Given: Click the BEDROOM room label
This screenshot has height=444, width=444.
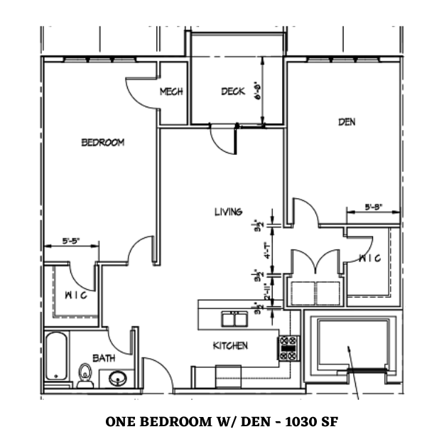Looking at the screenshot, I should tap(103, 142).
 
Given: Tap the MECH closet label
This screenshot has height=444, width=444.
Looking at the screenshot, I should tap(171, 92).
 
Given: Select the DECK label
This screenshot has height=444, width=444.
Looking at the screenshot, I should tap(232, 91).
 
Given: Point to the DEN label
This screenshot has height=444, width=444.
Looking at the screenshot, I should tap(347, 122).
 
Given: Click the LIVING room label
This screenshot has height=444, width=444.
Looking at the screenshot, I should tap(229, 211).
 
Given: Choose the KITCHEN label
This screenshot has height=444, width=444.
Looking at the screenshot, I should tap(231, 346).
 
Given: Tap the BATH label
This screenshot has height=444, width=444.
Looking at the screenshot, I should tap(104, 359).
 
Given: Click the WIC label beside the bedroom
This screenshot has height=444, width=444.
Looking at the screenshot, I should tap(76, 295).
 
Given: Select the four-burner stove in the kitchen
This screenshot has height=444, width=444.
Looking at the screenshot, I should tap(288, 347).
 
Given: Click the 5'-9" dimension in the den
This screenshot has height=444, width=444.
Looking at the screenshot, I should tap(374, 207).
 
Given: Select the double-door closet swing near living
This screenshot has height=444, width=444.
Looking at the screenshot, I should tap(316, 264).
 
